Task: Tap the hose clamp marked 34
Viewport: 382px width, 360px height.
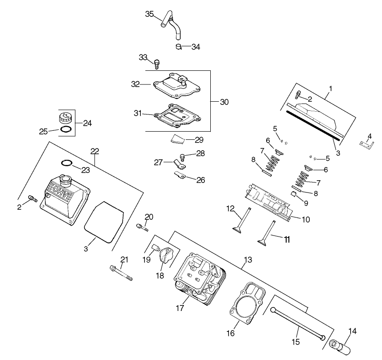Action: point(179,46)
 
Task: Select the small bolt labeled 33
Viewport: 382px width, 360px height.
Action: point(157,64)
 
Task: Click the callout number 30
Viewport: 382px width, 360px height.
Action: point(224,102)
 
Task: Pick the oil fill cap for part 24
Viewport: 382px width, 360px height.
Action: point(65,118)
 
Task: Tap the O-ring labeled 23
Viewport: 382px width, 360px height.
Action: point(66,163)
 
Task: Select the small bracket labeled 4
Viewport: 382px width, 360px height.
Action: point(366,143)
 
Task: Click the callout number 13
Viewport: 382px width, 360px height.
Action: point(248,260)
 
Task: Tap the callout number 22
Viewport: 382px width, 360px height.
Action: point(94,151)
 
